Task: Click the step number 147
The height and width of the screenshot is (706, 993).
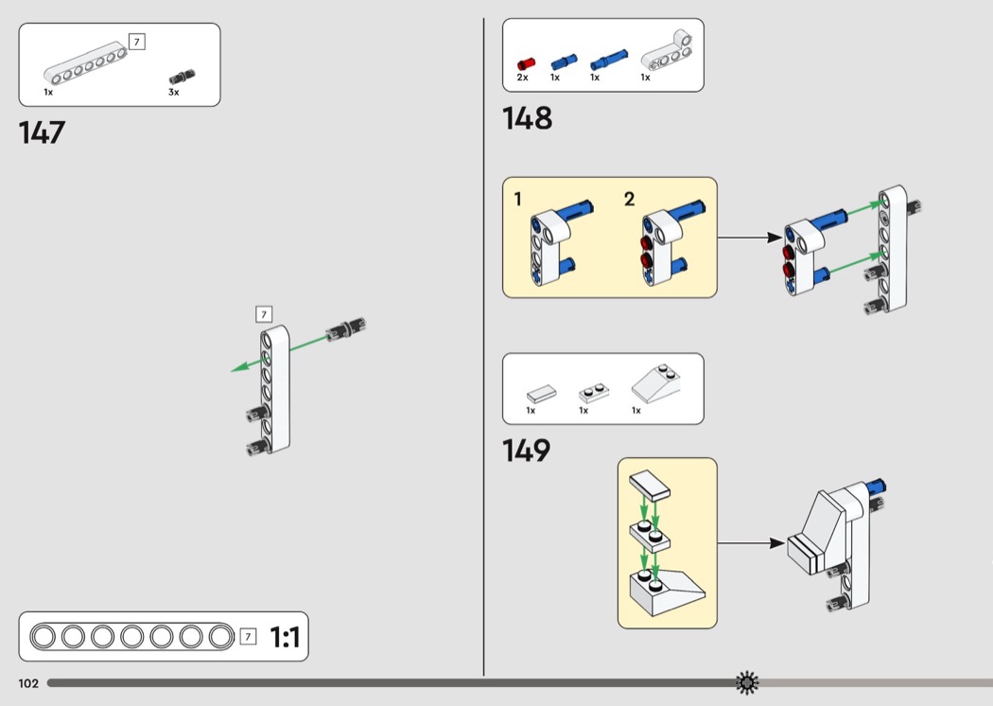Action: tap(43, 132)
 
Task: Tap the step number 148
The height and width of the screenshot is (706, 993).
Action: tap(528, 119)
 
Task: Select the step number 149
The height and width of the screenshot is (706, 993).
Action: tap(527, 451)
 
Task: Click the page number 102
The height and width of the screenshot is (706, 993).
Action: tap(27, 682)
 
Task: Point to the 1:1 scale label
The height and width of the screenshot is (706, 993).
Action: tap(285, 638)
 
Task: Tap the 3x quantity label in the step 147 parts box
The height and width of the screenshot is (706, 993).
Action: tap(174, 93)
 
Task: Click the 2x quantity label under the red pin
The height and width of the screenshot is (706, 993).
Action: tap(523, 78)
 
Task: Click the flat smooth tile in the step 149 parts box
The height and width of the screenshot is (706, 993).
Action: tap(542, 393)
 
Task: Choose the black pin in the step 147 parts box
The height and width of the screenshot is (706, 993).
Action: tap(182, 77)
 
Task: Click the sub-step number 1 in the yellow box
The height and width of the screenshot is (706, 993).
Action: tap(517, 199)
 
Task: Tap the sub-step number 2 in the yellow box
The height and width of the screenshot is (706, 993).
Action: tap(629, 199)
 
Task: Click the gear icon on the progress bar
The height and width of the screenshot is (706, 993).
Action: tap(747, 681)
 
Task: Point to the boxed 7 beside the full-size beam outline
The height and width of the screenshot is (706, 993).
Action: tap(248, 637)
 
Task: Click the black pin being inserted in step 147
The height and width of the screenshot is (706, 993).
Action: tap(346, 328)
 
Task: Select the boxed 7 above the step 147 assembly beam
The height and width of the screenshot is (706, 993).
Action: tap(264, 314)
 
